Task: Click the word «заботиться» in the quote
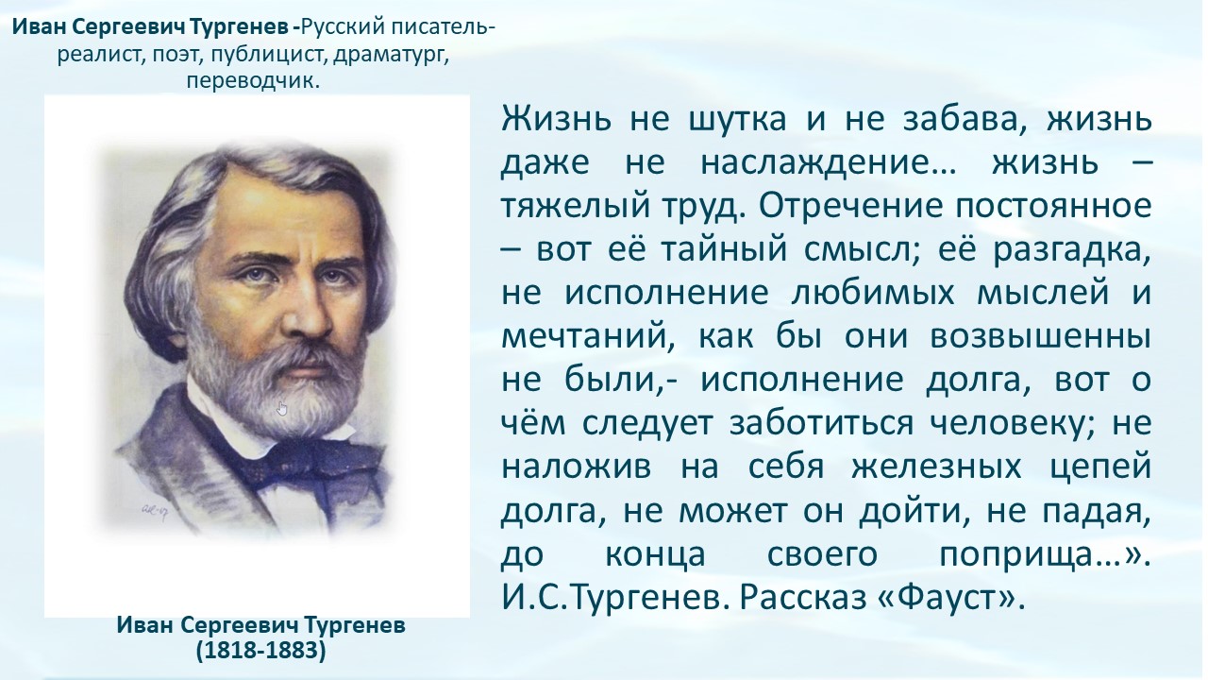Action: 821,423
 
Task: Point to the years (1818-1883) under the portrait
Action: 261,651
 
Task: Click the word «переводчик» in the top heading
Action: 250,81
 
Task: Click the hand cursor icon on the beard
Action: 282,409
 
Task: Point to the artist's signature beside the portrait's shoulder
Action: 154,509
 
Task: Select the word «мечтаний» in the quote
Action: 588,337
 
